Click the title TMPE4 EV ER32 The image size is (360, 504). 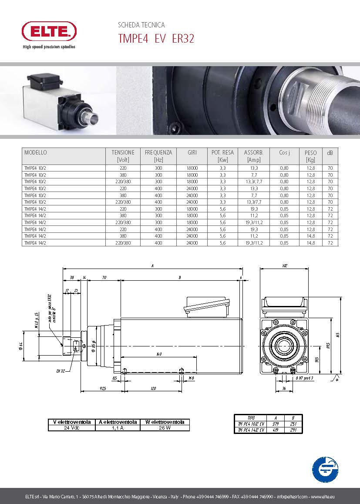(156, 39)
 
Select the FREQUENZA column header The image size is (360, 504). (158, 156)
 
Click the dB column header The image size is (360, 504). (330, 153)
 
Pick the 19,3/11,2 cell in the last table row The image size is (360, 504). (251, 243)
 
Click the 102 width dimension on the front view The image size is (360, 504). (285, 265)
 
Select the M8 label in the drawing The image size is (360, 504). (191, 378)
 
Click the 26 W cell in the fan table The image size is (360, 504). (165, 428)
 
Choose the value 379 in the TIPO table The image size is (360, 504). (276, 423)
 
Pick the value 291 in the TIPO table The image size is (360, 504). (293, 430)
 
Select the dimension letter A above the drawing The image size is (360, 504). (152, 265)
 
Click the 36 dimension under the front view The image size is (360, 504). (284, 388)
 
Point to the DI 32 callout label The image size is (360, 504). (60, 371)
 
